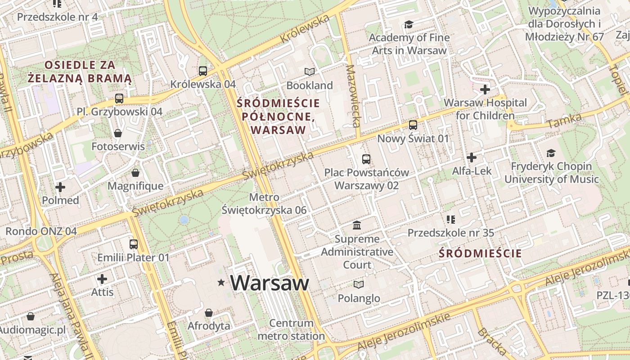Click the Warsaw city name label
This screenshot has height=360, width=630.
coord(270,283)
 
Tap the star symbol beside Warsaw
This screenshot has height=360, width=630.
coord(221,283)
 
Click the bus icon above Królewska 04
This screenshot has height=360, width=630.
coord(203,71)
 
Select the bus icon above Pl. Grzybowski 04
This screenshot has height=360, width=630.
coord(119,98)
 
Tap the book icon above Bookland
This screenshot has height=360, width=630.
coord(309,72)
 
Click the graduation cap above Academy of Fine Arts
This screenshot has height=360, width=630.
coord(409,24)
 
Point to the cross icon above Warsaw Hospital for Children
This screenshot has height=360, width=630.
coord(485,90)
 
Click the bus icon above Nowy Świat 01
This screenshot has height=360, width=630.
coord(413,125)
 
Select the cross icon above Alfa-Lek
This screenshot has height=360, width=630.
coord(471,157)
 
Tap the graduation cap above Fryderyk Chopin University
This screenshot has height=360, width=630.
coord(551,153)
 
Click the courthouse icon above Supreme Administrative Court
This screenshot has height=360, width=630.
coord(357,225)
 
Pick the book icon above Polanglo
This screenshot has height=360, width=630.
coord(358,284)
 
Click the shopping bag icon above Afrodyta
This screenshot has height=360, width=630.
coord(209,312)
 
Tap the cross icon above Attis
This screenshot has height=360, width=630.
coord(102,279)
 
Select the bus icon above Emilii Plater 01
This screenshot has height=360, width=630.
coord(134,244)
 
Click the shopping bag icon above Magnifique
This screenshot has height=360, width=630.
coord(135,173)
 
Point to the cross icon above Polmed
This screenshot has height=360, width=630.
coord(60,187)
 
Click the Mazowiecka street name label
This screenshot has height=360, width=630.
coord(354,96)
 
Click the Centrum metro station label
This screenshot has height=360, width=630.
coord(291,329)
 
